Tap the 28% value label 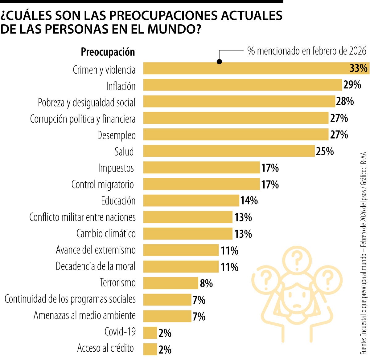[x=345, y=101]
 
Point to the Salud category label [x=124, y=152]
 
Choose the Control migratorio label [x=103, y=184]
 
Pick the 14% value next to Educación [x=249, y=201]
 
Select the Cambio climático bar [x=188, y=233]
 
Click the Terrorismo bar [x=171, y=283]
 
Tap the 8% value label [x=206, y=283]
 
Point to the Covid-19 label [x=120, y=332]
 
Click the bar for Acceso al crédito [x=150, y=349]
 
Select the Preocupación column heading [x=108, y=52]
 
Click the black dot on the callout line [x=219, y=62]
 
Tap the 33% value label [x=358, y=68]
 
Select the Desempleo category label [x=116, y=135]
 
